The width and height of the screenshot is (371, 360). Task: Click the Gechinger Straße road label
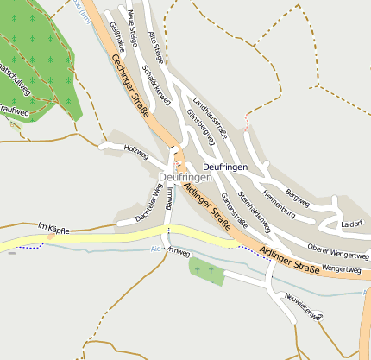[x=130, y=85]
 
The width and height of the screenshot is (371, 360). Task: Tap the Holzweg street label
[x=136, y=152]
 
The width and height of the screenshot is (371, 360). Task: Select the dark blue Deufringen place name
[x=224, y=166]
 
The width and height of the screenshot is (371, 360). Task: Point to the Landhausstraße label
[x=210, y=116]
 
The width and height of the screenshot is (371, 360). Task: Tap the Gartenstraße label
[x=234, y=210]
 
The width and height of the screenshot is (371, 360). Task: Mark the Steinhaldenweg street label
[x=255, y=212]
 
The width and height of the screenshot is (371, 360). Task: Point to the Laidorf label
[x=351, y=224]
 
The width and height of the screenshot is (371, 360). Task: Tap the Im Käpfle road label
[x=53, y=229]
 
